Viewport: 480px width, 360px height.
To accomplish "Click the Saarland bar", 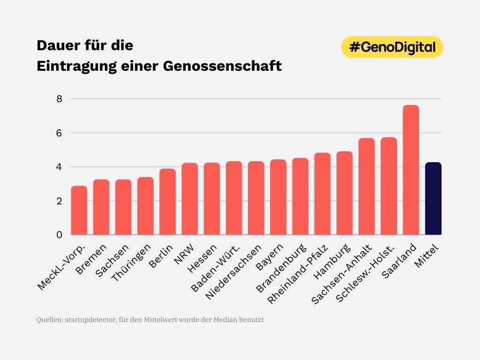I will coord(411,170).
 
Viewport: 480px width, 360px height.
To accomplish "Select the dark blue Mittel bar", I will coord(433,198).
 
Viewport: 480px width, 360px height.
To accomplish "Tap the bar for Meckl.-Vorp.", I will coord(79,210).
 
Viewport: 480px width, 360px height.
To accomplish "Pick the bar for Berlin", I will coord(167,202).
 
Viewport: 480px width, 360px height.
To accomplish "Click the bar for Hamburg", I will coord(345,193).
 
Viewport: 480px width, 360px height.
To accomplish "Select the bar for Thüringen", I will coord(145,206).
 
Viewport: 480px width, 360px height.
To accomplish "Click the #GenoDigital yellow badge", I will coord(392,47).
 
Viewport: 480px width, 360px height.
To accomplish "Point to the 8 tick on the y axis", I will coord(60,99).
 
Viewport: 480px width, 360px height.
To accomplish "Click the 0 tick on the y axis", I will coord(60,235).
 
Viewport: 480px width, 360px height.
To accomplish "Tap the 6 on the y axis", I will coord(60,133).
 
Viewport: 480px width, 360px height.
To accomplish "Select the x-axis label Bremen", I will coord(93,260).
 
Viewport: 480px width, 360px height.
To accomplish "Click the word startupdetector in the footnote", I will coord(89,320).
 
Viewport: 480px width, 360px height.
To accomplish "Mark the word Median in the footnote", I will coord(227,320).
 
